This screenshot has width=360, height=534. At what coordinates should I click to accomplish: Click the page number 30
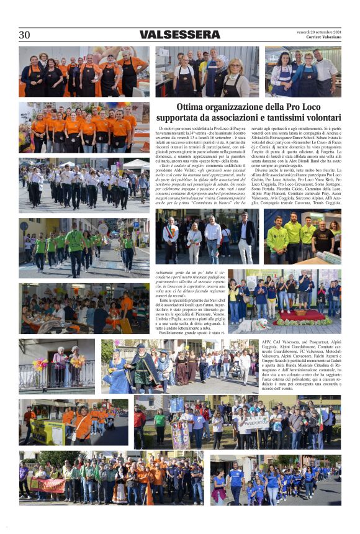(25, 35)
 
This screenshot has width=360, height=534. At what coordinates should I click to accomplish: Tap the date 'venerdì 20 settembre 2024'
(319, 31)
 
